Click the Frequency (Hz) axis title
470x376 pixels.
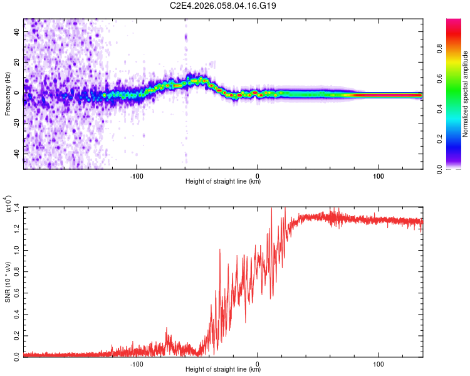8,94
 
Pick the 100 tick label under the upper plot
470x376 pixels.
378,175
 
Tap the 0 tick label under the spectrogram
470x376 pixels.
258,175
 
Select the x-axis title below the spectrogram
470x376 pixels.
223,182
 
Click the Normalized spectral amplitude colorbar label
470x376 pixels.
465,94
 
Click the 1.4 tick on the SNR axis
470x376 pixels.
17,206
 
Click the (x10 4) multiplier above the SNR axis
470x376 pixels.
8,203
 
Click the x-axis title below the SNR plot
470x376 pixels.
223,370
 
